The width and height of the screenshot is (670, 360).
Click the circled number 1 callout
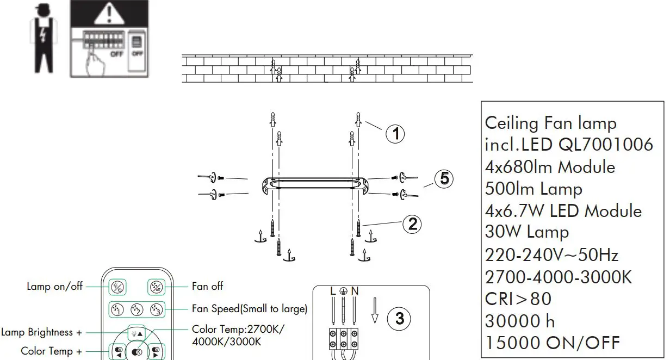[x=395, y=133]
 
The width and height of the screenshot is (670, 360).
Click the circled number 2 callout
[x=413, y=224]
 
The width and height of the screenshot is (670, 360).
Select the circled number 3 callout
[x=400, y=319]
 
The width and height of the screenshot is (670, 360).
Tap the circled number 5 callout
[x=444, y=178]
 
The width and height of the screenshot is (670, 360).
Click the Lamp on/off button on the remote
[x=117, y=287]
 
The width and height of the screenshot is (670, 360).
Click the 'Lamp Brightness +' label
[x=42, y=332]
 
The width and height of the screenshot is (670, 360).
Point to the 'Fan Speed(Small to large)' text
[x=250, y=309]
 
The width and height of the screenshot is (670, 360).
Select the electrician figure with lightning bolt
[x=42, y=39]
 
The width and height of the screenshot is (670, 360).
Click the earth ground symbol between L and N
[x=344, y=291]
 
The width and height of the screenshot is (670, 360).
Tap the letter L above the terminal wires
[x=333, y=291]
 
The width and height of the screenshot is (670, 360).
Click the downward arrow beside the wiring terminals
[x=374, y=311]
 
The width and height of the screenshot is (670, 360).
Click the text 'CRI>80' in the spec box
[x=518, y=299]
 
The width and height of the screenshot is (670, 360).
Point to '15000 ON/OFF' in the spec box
[x=552, y=343]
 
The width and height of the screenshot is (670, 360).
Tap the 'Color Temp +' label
[x=51, y=351]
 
